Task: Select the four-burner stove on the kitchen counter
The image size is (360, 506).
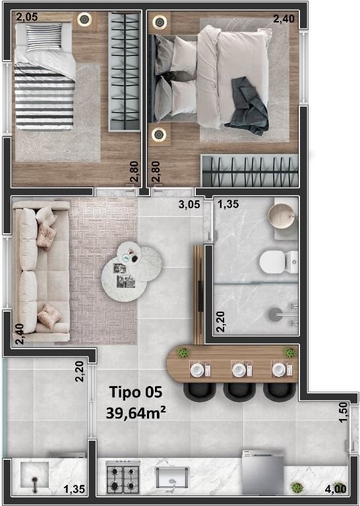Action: pos(123,477)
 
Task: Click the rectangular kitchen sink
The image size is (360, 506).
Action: pos(172,478)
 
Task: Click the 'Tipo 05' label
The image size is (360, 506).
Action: pos(136,392)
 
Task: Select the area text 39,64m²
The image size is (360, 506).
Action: pos(136,412)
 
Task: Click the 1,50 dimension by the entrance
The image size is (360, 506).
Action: pos(344,412)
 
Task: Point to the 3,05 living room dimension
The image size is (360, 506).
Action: pos(189,204)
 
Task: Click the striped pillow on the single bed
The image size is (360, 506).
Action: pos(44,37)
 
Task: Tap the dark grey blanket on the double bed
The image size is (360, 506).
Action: pos(248,107)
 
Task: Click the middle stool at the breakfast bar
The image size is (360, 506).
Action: pos(239,392)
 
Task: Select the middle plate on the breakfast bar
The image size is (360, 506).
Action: pos(239,370)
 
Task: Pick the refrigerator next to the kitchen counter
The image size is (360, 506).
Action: pos(263,472)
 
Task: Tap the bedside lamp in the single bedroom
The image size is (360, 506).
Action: pos(84,19)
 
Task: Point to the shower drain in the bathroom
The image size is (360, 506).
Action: pos(275,314)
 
